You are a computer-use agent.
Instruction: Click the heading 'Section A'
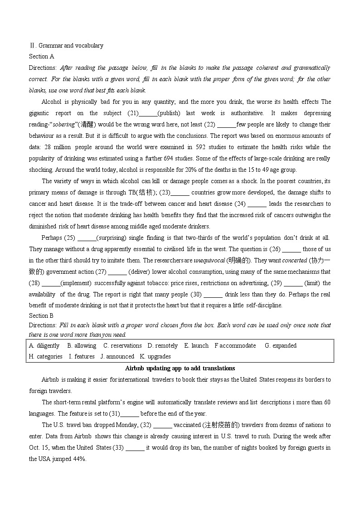tap(41, 57)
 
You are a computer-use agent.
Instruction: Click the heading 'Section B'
tap(41, 315)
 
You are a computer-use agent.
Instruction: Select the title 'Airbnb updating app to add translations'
tap(180, 368)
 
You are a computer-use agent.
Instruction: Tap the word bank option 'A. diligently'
tap(44, 345)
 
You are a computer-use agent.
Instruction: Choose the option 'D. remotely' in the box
tap(163, 345)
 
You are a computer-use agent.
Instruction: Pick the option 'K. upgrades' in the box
tap(156, 357)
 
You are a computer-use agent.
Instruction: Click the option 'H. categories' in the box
tap(45, 357)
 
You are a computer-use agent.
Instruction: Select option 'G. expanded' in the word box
tap(281, 345)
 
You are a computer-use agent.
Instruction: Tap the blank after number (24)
tap(258, 204)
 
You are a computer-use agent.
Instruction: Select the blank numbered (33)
tap(135, 448)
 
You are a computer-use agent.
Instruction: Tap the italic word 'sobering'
tap(64, 125)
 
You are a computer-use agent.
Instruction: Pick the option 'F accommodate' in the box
tap(235, 345)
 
